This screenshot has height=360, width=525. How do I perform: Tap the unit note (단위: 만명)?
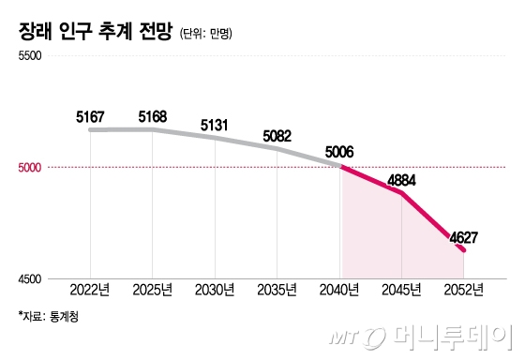pyautogui.click(x=205, y=34)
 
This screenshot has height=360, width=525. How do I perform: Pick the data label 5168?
pyautogui.click(x=152, y=117)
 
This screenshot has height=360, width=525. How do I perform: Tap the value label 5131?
pyautogui.click(x=215, y=125)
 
